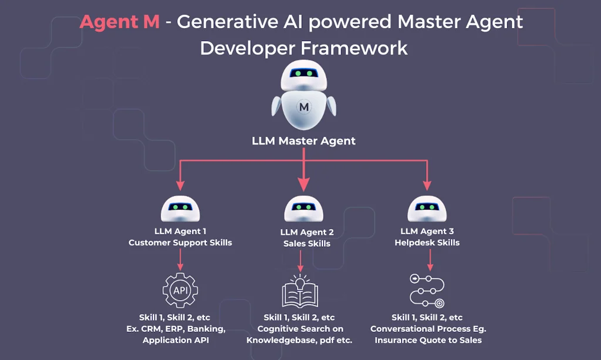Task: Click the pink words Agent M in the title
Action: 119,22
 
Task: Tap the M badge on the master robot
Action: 303,107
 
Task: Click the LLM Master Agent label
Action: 303,141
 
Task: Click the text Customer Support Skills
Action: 180,243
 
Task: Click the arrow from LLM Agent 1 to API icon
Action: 180,258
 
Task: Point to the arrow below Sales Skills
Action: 300,260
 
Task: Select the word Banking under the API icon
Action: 207,328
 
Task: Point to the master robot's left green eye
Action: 298,74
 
